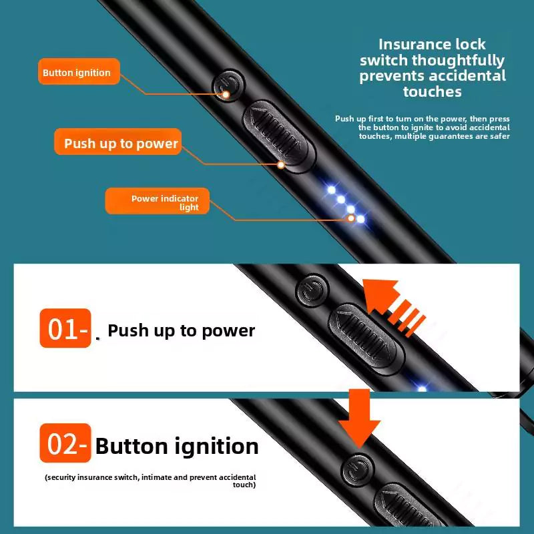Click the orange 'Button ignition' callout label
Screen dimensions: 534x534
pos(77,73)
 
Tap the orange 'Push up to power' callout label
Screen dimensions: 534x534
pos(121,144)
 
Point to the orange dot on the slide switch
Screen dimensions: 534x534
pos(281,164)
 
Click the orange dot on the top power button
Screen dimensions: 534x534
pos(226,95)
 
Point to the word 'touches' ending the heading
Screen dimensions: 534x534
pos(433,91)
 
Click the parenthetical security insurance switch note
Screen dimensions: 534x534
pos(151,481)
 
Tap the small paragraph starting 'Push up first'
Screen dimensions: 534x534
pos(423,127)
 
